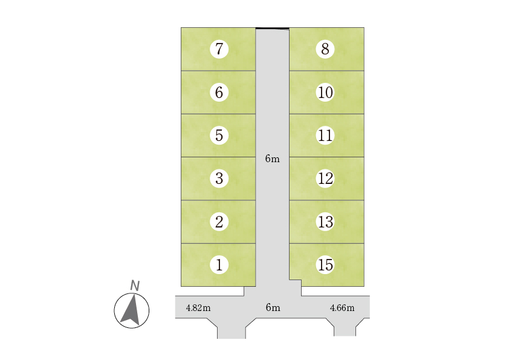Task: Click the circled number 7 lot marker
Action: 219,49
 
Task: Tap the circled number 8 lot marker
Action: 325,49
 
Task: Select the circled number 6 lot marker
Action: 219,93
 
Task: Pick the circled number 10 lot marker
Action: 325,93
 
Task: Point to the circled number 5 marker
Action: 219,136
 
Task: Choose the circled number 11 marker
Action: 325,136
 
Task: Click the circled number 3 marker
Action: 219,178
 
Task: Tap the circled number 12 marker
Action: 325,178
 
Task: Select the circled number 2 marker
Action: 219,221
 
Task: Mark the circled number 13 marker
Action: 325,221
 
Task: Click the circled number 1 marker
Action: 219,264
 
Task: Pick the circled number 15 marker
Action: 325,264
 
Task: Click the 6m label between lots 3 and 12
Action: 273,159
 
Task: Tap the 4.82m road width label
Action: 198,307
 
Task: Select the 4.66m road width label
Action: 342,307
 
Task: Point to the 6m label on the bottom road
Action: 273,307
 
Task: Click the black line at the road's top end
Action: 272,28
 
